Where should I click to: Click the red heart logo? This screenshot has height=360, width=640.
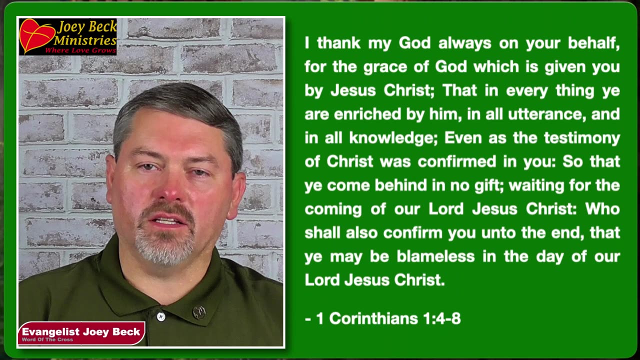tap(36, 35)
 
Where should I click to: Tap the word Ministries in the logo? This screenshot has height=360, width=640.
tap(85, 40)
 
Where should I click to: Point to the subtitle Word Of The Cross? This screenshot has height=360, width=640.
tap(47, 340)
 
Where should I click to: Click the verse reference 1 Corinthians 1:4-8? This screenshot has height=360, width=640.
tap(388, 318)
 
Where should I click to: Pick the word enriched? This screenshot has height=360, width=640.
tap(367, 114)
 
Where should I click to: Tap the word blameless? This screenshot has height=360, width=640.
tap(435, 256)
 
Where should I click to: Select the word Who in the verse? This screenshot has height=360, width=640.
tap(602, 208)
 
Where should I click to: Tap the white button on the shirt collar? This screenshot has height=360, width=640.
tap(160, 316)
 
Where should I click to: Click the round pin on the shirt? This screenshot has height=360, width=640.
tap(199, 312)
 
